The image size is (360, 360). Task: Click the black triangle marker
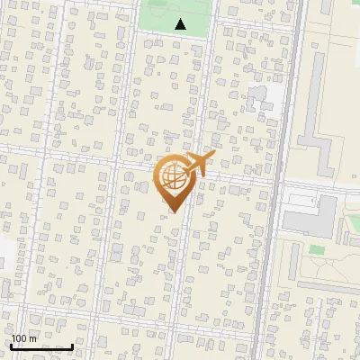coord(180,24)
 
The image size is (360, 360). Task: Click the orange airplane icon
coord(200,163)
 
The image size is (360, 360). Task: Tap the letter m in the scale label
coord(34,338)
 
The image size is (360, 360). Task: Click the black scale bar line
coord(41,347)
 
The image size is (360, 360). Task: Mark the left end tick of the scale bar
coord(12,346)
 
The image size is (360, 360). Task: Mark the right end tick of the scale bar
coord(72,346)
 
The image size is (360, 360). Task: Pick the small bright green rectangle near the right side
coord(316,249)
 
